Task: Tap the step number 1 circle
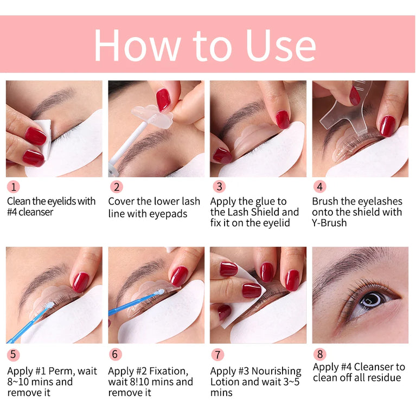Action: [13, 187]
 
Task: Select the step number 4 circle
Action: [319, 187]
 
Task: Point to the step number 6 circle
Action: [115, 355]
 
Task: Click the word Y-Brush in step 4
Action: [329, 223]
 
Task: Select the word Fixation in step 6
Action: [168, 371]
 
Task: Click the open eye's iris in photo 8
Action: [375, 299]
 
